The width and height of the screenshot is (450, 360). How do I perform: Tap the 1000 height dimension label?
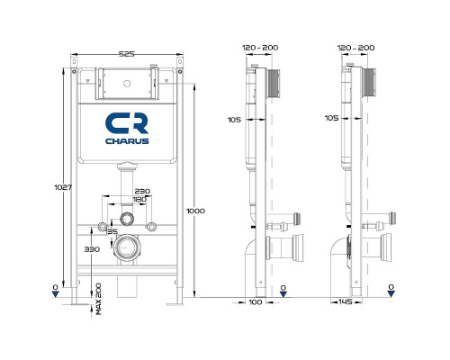[196, 211]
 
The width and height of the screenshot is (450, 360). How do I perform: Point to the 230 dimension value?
[141, 191]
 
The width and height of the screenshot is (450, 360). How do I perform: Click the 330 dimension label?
[90, 248]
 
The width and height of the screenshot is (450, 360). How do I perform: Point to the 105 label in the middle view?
[233, 118]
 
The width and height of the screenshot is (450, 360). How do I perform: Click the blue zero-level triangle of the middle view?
[283, 290]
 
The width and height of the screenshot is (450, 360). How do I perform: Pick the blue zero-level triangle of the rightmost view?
[391, 290]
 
